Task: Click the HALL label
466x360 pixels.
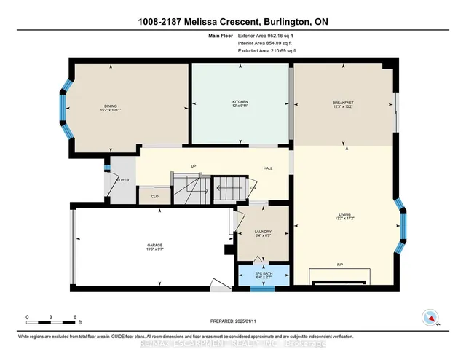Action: tap(268, 168)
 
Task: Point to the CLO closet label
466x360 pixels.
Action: tap(154, 196)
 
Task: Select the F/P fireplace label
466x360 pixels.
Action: tap(339, 263)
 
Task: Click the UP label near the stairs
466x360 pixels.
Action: tap(194, 166)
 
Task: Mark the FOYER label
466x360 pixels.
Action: tap(122, 179)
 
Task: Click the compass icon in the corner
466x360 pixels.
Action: tap(430, 317)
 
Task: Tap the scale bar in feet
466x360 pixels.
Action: tap(52, 320)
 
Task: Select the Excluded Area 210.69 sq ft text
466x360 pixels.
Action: tap(267, 51)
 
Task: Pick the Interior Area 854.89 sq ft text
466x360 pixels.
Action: tap(267, 43)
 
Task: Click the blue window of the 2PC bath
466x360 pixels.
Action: tap(262, 289)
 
